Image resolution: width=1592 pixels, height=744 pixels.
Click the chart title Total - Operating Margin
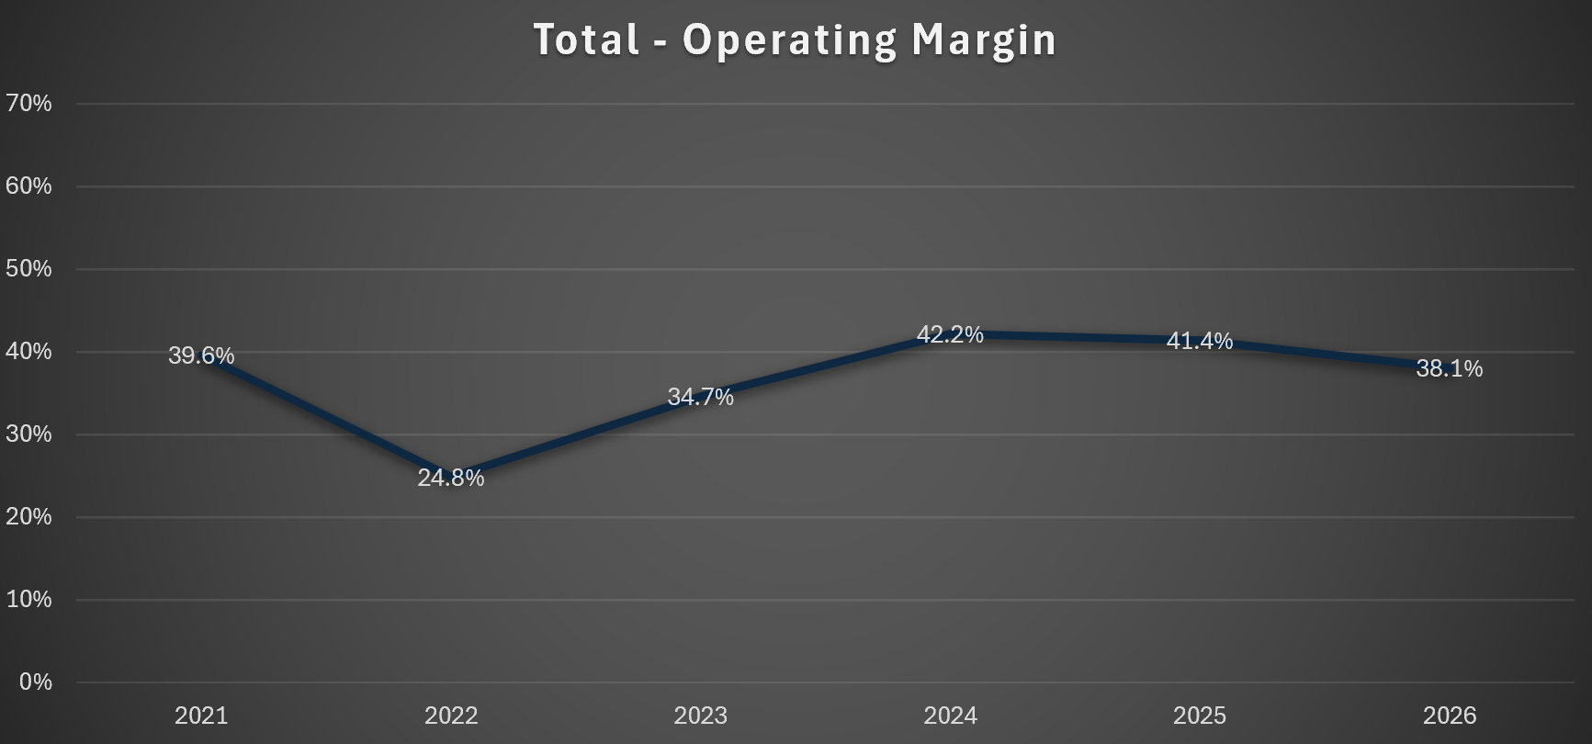click(x=796, y=39)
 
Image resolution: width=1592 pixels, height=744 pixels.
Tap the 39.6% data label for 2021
click(x=201, y=355)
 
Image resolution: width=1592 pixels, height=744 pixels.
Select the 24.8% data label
click(x=451, y=478)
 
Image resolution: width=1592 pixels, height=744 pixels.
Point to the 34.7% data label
click(x=701, y=397)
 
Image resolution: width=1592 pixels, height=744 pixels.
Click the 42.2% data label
click(x=950, y=334)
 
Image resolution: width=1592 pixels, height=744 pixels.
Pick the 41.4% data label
click(x=1200, y=341)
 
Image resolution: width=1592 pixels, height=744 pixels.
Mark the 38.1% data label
click(x=1450, y=368)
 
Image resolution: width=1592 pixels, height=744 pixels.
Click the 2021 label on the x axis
click(x=201, y=716)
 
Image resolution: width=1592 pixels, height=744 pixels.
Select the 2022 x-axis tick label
click(x=451, y=716)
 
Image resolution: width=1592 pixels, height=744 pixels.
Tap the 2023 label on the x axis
click(x=701, y=716)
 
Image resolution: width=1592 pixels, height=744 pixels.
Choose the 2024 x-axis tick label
click(x=950, y=716)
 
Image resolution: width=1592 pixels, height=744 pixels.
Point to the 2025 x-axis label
click(x=1200, y=716)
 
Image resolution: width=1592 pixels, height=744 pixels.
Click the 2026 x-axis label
click(x=1450, y=716)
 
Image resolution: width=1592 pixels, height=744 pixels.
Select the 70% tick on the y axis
click(x=28, y=103)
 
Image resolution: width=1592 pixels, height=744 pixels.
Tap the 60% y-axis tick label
click(x=28, y=186)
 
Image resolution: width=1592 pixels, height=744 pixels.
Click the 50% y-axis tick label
click(x=28, y=268)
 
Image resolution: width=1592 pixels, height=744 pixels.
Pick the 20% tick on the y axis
click(x=28, y=516)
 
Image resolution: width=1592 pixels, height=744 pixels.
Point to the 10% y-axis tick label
click(x=28, y=599)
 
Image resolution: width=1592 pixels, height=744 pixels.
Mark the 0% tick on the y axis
click(x=35, y=682)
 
